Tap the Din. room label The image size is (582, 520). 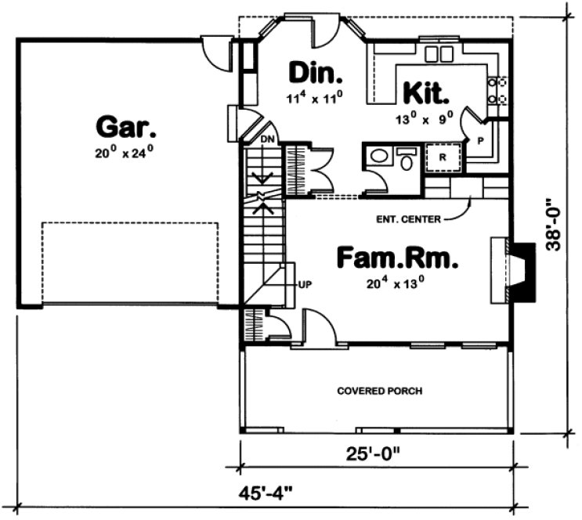[x=316, y=73]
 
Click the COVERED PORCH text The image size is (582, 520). [x=379, y=391]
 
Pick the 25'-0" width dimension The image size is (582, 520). [x=376, y=454]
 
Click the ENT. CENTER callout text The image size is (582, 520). [x=409, y=219]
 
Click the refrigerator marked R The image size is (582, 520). [x=442, y=157]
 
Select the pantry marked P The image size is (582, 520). [x=479, y=139]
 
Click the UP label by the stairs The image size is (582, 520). [x=304, y=284]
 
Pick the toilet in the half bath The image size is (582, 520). [x=406, y=160]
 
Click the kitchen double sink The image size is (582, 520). [x=438, y=54]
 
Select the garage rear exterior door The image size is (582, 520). [x=213, y=51]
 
